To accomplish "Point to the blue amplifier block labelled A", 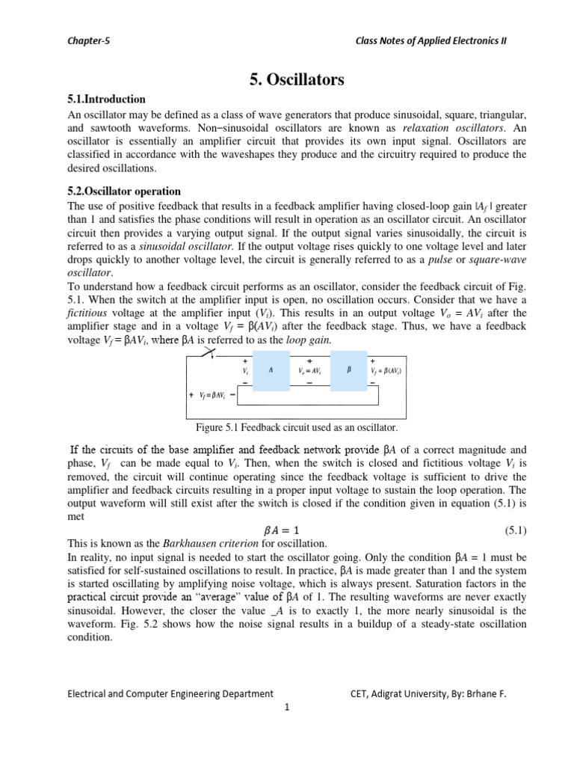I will point(271,370).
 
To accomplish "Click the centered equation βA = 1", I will point(287,531).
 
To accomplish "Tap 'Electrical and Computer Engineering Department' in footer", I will point(170,693).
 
